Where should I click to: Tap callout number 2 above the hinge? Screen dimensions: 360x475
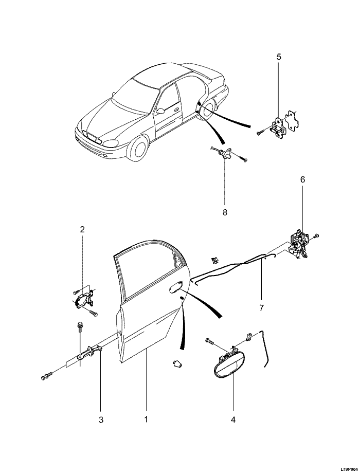point(82,229)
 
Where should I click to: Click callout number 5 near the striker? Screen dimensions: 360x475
point(279,57)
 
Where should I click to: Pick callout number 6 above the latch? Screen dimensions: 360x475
point(302,179)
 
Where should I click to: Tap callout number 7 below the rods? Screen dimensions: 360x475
point(261,308)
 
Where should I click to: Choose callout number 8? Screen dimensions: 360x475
point(225,212)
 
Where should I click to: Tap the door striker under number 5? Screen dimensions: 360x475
point(278,127)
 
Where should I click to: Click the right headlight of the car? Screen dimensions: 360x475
point(111,143)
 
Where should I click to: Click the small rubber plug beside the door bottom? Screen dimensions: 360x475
point(177,363)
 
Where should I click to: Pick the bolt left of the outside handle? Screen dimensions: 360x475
point(210,341)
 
